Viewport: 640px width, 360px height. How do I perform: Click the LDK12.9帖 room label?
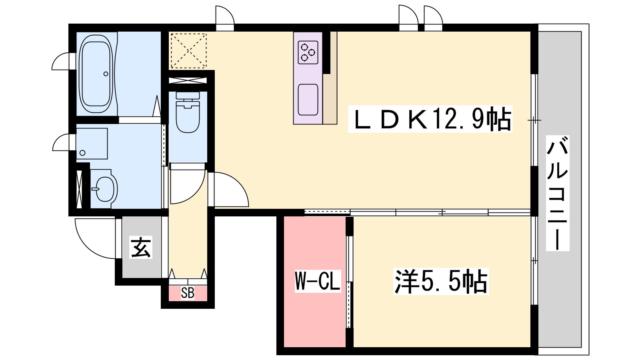430,119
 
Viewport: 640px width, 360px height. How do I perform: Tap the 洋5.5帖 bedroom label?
441,282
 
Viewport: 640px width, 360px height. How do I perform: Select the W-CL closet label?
318,281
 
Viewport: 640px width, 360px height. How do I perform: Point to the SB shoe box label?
188,293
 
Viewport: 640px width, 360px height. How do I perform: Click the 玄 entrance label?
140,247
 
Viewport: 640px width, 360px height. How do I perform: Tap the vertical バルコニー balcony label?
558,193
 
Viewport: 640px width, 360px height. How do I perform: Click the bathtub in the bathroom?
96,74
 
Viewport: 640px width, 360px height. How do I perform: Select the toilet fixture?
188,112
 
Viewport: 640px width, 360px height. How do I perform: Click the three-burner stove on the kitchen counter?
308,52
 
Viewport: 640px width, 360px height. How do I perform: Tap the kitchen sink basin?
308,100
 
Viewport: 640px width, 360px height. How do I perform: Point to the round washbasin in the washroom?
104,189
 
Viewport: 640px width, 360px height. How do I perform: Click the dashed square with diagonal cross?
188,51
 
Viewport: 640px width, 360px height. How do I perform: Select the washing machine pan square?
92,144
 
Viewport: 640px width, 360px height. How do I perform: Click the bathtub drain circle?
106,74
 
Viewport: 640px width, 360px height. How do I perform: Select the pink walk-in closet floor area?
314,282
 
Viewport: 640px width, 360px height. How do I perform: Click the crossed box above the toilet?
188,80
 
